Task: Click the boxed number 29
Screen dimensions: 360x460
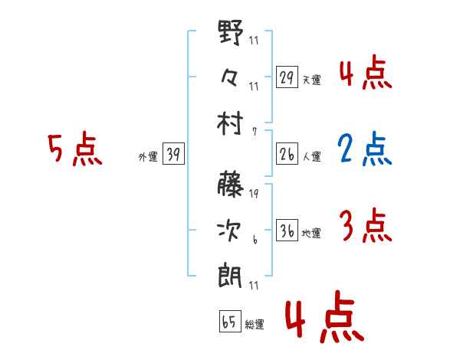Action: [x=287, y=77]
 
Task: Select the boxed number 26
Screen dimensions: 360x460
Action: [x=287, y=155]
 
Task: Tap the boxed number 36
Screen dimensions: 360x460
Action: [x=287, y=231]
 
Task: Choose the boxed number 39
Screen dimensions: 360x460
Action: [x=173, y=155]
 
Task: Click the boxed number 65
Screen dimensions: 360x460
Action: [x=228, y=322]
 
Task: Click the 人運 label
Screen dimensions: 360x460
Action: [x=312, y=157]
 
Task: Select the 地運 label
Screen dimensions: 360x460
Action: [x=312, y=234]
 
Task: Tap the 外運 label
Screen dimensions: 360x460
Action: [x=148, y=157]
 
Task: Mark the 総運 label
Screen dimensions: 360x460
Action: [x=255, y=325]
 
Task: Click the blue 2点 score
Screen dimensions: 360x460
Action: [x=365, y=150]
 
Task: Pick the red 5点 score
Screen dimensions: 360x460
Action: [x=74, y=150]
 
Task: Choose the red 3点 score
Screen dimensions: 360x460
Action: [x=365, y=226]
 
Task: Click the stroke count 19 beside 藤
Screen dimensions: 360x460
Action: [x=254, y=194]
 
